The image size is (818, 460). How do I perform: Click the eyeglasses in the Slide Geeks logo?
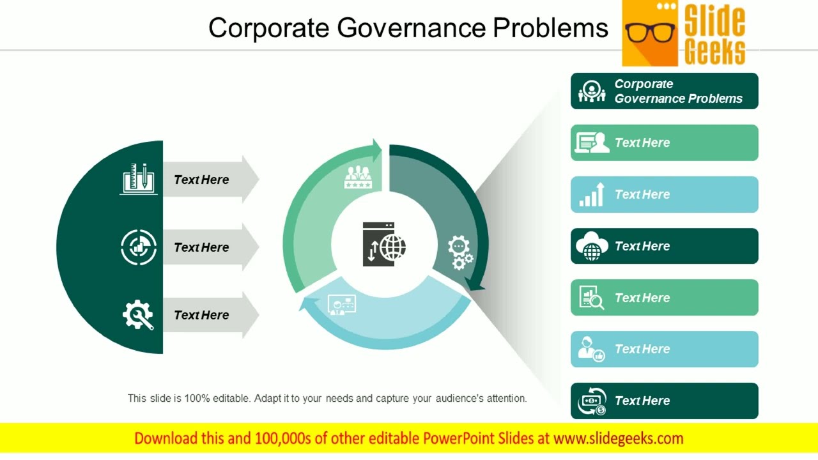pos(650,32)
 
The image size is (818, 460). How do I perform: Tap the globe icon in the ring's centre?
pos(385,244)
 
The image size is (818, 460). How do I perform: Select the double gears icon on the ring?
pos(460,252)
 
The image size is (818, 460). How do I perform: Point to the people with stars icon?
pos(358,176)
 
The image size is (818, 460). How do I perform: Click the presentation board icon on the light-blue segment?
pos(341,304)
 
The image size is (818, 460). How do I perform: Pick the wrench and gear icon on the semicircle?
pos(138,315)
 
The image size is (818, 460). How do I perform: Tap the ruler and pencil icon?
pos(139,179)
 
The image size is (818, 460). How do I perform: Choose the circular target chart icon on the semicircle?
pos(139,247)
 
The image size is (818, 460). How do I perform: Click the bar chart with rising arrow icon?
pos(592,195)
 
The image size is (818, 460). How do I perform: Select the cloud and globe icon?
pos(592,246)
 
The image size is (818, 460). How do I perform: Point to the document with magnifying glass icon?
pos(592,298)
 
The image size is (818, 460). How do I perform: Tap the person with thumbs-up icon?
pos(591,349)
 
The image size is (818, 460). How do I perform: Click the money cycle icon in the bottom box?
pos(591,401)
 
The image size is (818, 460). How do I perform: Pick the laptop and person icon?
pos(592,142)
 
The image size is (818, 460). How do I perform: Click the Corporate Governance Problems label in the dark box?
pos(678,91)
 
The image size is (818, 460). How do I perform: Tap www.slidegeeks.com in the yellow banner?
pos(618,438)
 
